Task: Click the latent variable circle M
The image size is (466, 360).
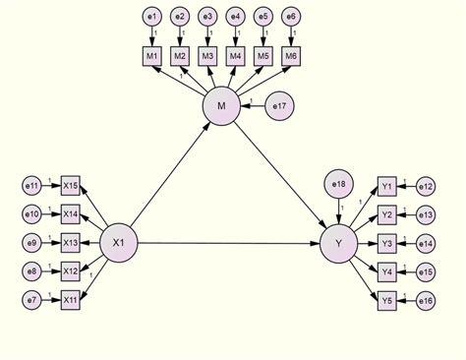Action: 221,105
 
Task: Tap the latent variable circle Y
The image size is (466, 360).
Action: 339,242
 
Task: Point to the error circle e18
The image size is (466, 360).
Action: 339,183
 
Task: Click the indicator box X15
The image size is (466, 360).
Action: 70,185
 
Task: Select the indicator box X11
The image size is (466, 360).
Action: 70,298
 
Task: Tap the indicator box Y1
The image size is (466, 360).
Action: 388,185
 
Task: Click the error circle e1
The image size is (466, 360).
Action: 152,17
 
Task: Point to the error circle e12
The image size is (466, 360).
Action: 426,185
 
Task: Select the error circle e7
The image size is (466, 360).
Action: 32,298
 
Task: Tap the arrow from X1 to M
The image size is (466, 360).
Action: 169,174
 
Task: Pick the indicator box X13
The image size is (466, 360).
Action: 70,242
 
